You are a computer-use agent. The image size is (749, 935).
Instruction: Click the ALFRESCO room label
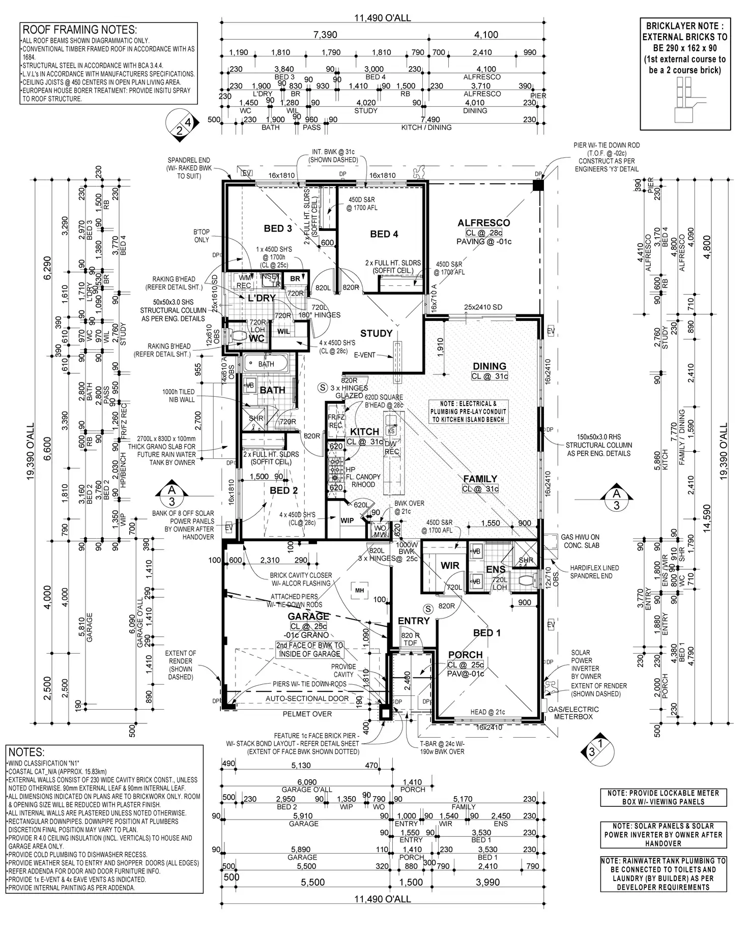(483, 223)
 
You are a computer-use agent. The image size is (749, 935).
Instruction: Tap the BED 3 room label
(278, 228)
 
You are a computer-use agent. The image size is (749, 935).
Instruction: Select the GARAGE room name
(308, 617)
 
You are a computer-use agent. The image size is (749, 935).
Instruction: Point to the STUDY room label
(376, 334)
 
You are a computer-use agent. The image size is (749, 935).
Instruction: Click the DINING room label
(489, 366)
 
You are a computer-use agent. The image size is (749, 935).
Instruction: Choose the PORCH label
(465, 655)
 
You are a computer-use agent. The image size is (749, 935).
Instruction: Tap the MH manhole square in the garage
(359, 590)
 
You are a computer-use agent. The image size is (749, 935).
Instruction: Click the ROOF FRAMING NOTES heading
(79, 30)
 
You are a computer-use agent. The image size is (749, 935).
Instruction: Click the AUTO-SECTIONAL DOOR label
(307, 698)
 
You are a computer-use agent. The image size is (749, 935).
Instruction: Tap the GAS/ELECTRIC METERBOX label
(573, 713)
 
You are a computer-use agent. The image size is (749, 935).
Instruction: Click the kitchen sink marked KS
(391, 430)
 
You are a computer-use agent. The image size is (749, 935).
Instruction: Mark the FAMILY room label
(480, 479)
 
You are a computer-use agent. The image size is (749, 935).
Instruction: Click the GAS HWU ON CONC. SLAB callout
(580, 541)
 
